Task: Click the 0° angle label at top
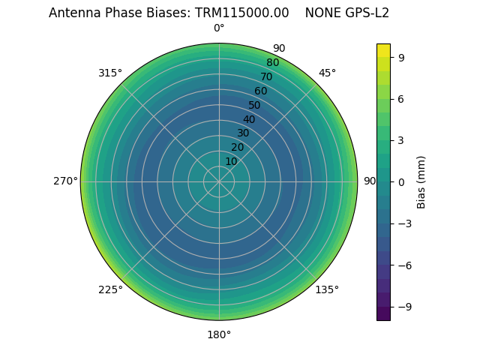(219, 28)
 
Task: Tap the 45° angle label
(327, 73)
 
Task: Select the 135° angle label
(327, 289)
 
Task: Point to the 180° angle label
(219, 334)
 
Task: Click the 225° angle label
(110, 289)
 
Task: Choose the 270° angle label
(65, 181)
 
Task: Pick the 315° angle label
(110, 73)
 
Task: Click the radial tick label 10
(231, 161)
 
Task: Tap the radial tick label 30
(243, 133)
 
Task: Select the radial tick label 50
(255, 106)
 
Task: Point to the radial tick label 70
(267, 77)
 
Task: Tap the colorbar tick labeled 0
(401, 181)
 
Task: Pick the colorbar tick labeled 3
(401, 140)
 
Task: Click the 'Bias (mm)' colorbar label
(421, 181)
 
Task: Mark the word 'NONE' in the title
(322, 13)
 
